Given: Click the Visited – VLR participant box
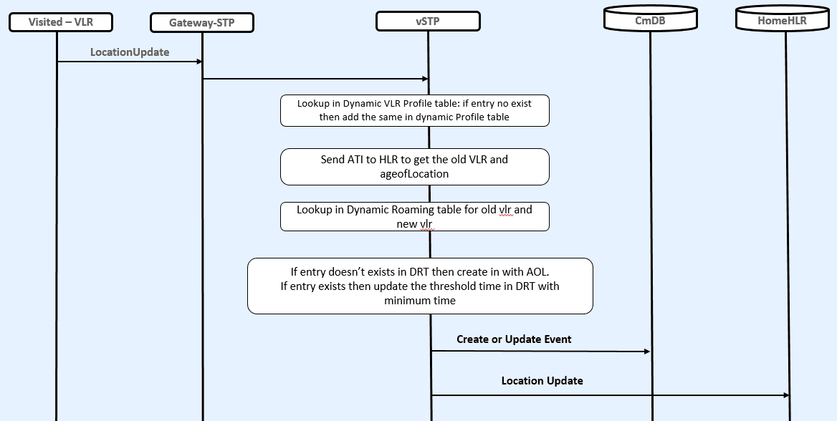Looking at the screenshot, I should (60, 22).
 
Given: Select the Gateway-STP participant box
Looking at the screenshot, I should (201, 23).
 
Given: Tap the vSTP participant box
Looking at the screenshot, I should (428, 21).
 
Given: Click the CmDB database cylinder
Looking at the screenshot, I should (650, 19).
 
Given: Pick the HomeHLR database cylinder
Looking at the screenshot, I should (782, 19).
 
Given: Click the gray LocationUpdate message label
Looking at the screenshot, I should (130, 52).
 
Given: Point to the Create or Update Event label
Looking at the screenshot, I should (514, 339).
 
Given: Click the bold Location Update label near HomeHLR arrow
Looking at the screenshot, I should (542, 381).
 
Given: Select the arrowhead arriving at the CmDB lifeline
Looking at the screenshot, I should (646, 352).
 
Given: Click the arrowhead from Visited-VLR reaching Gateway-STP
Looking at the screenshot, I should (199, 62).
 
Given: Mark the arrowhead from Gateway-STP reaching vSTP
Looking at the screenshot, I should (425, 79).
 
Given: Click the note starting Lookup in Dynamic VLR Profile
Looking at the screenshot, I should (414, 110).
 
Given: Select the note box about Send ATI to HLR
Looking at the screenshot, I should (414, 166).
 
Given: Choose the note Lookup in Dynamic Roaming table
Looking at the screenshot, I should (414, 216).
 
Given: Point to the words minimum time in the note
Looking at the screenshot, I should (420, 301).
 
